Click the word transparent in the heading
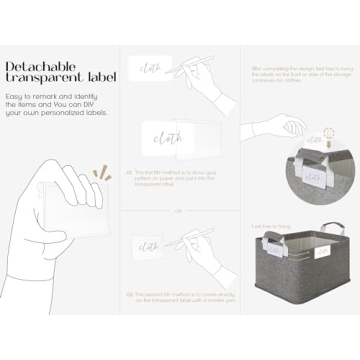point(40,77)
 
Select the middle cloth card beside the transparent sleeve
point(161,140)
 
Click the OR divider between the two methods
point(176,210)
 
